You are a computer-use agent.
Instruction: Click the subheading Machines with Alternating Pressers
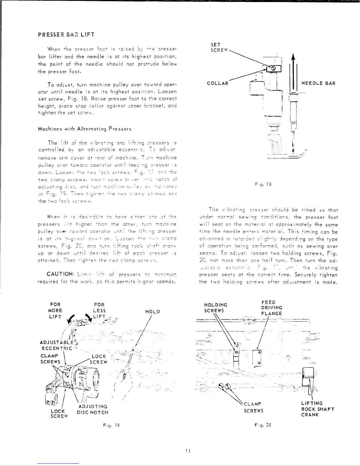pyautogui.click(x=85, y=129)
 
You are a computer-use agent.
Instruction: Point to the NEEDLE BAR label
pyautogui.click(x=319, y=83)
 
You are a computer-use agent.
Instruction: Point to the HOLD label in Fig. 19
pyautogui.click(x=152, y=312)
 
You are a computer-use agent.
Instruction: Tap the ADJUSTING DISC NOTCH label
pyautogui.click(x=92, y=409)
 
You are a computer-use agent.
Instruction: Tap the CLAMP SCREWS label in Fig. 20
pyautogui.click(x=253, y=407)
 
